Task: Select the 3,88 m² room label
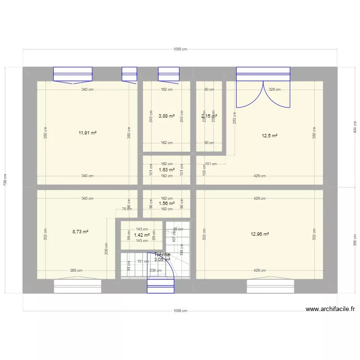167,116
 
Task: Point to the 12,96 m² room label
260,234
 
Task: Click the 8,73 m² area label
80,231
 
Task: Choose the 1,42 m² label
142,235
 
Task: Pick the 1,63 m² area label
167,170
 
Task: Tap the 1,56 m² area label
167,204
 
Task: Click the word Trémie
162,254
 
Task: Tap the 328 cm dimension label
275,89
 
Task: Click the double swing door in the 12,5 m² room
263,95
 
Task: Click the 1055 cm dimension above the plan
180,49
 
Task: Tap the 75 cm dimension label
126,209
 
